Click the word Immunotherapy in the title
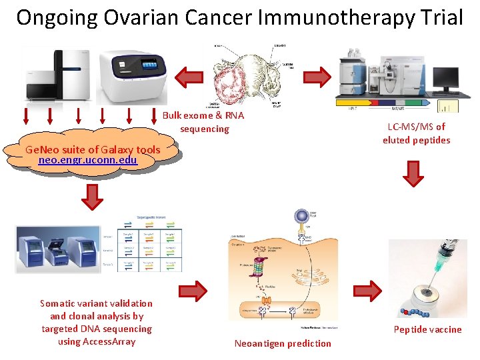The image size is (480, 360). [x=326, y=17]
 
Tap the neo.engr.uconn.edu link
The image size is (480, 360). [x=88, y=160]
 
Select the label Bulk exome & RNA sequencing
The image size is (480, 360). [x=204, y=122]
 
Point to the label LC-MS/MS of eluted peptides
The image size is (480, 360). [x=416, y=133]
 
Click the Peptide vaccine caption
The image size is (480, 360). [x=427, y=329]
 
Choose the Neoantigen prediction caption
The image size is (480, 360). [x=283, y=343]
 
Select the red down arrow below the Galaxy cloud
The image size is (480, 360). [x=92, y=197]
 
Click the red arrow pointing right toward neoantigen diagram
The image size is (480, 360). [x=193, y=289]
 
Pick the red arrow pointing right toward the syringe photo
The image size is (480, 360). [x=369, y=288]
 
